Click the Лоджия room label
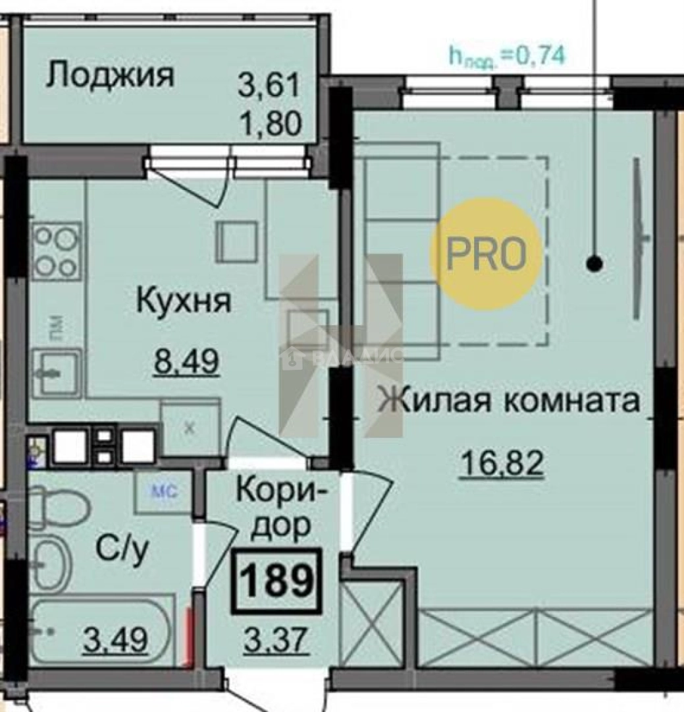pyautogui.click(x=110, y=76)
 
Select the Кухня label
pyautogui.click(x=184, y=301)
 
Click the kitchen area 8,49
pyautogui.click(x=186, y=361)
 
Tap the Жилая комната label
pyautogui.click(x=510, y=400)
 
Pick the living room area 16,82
pyautogui.click(x=502, y=463)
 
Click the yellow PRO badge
pyautogui.click(x=487, y=254)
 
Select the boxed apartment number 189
pyautogui.click(x=277, y=581)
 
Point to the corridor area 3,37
pyautogui.click(x=276, y=640)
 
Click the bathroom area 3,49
pyautogui.click(x=115, y=638)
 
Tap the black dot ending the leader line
pyautogui.click(x=594, y=264)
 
